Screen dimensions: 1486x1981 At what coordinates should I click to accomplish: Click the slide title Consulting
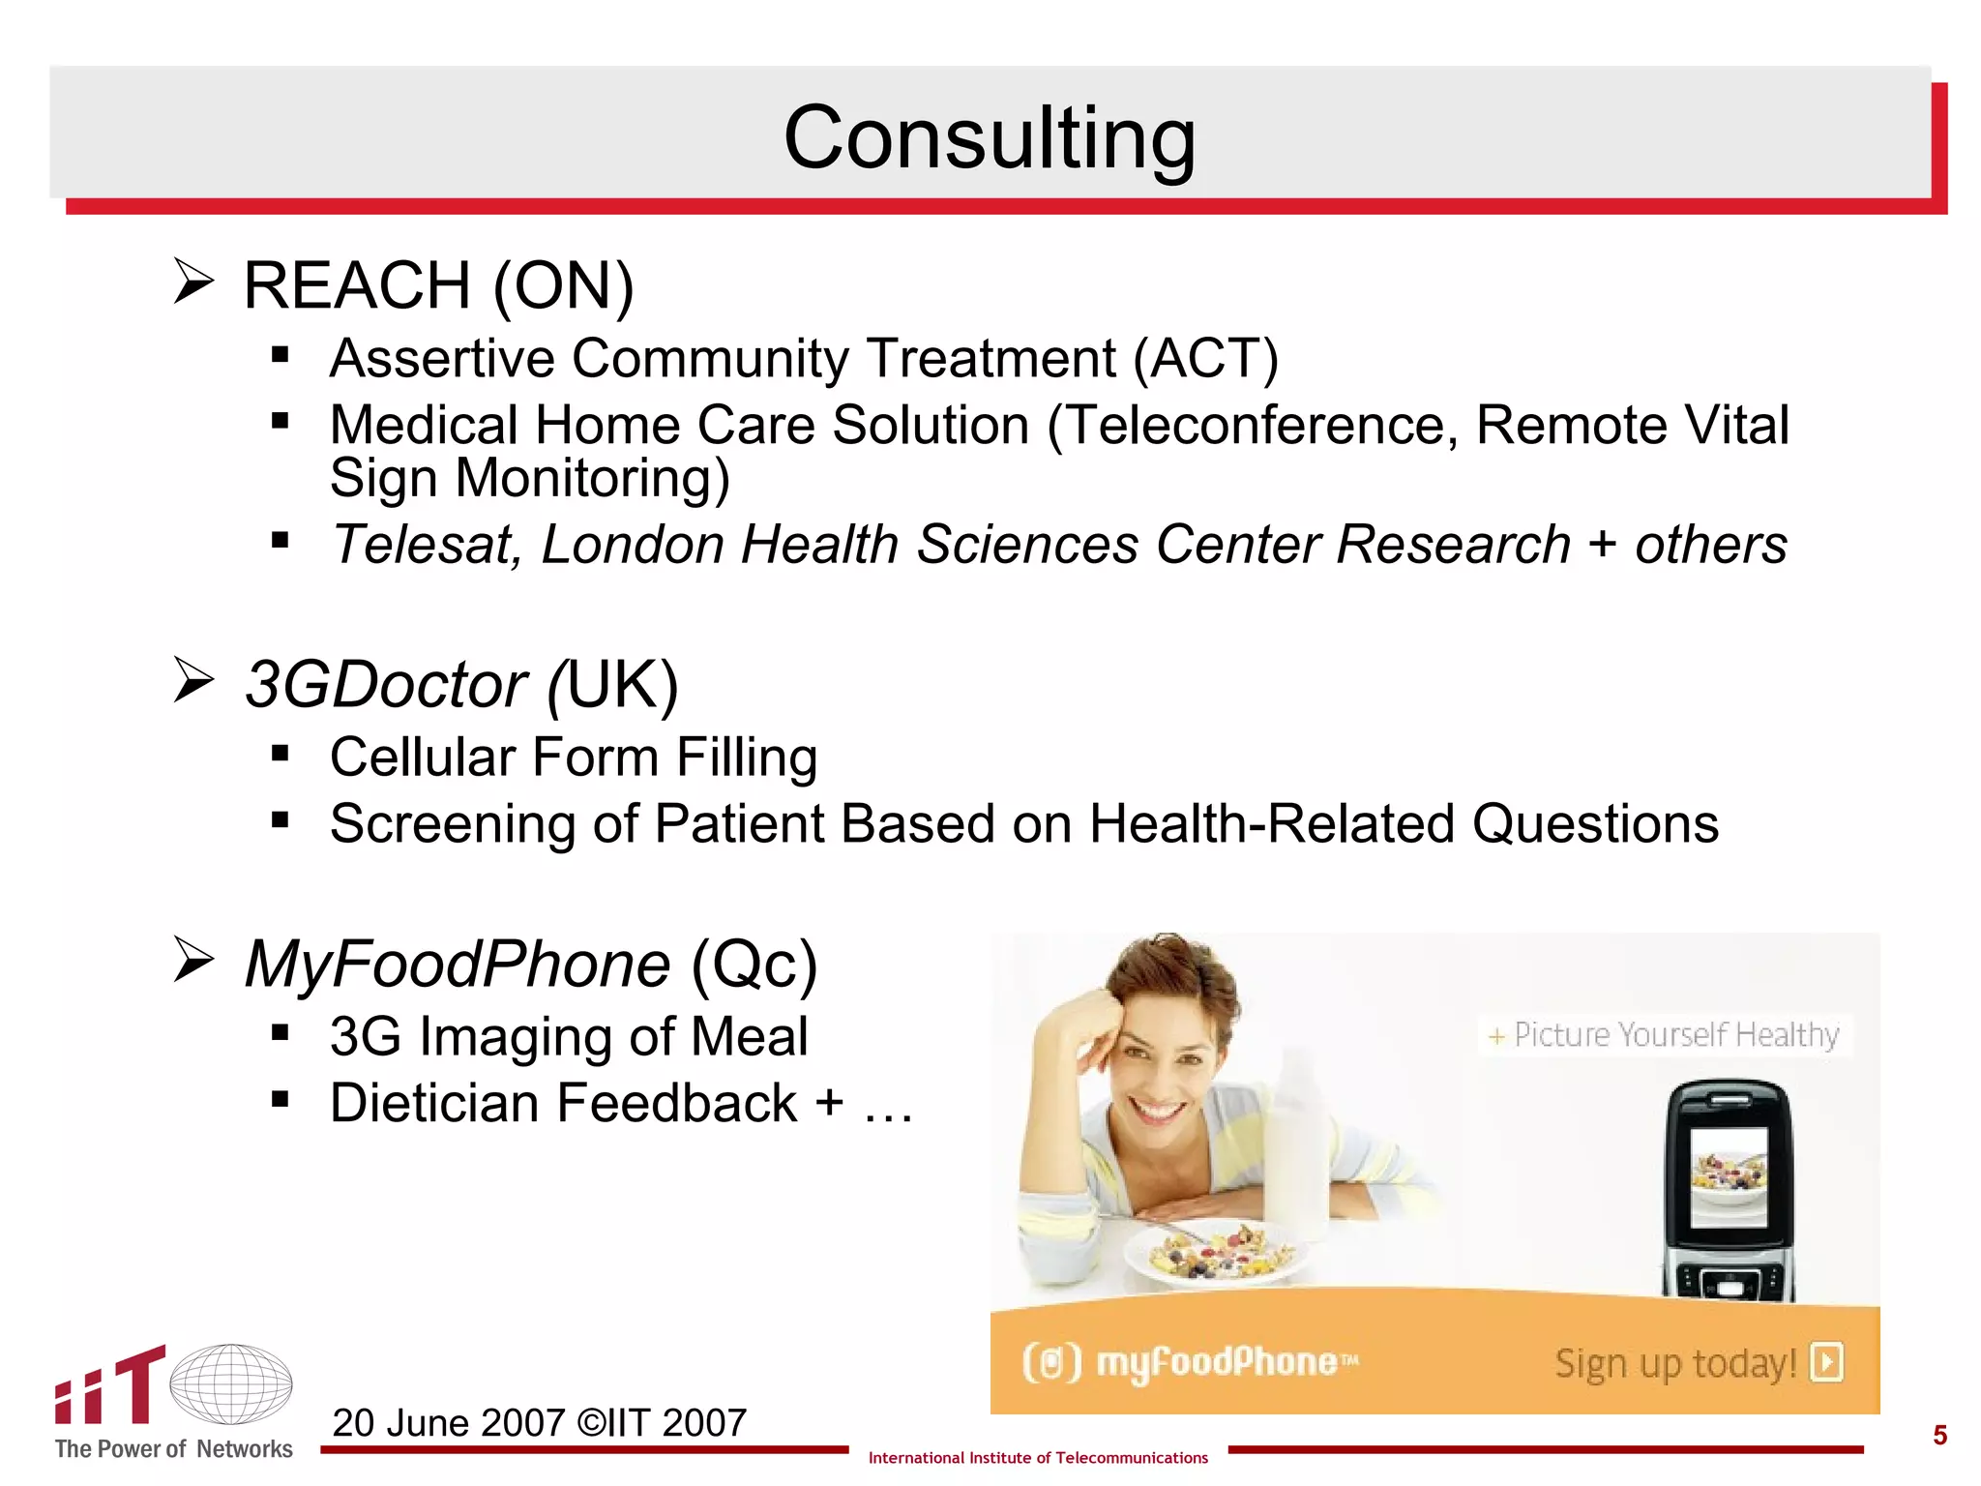coord(989,137)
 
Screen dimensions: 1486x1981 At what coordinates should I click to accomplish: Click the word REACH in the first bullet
coord(357,286)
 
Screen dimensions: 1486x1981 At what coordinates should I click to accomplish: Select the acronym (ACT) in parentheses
coord(1205,359)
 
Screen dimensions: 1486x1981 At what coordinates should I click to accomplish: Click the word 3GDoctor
coord(386,685)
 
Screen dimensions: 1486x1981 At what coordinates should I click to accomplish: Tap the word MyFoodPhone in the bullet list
coord(458,965)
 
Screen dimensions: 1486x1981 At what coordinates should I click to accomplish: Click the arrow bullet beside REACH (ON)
coord(193,282)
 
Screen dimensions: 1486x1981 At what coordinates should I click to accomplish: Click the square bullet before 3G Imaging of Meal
coord(281,1033)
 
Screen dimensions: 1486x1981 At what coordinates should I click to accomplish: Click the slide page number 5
coord(1939,1435)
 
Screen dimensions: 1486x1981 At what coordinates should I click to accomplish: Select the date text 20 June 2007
coord(449,1423)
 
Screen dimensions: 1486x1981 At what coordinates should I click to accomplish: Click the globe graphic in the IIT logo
coord(231,1384)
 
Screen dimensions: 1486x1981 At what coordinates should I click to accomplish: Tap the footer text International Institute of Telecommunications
coord(1038,1458)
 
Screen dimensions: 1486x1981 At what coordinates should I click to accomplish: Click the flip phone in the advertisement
coord(1729,1191)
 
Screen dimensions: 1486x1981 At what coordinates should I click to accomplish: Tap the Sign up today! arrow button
coord(1827,1363)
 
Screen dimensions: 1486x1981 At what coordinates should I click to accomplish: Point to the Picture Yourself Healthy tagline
coord(1665,1035)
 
